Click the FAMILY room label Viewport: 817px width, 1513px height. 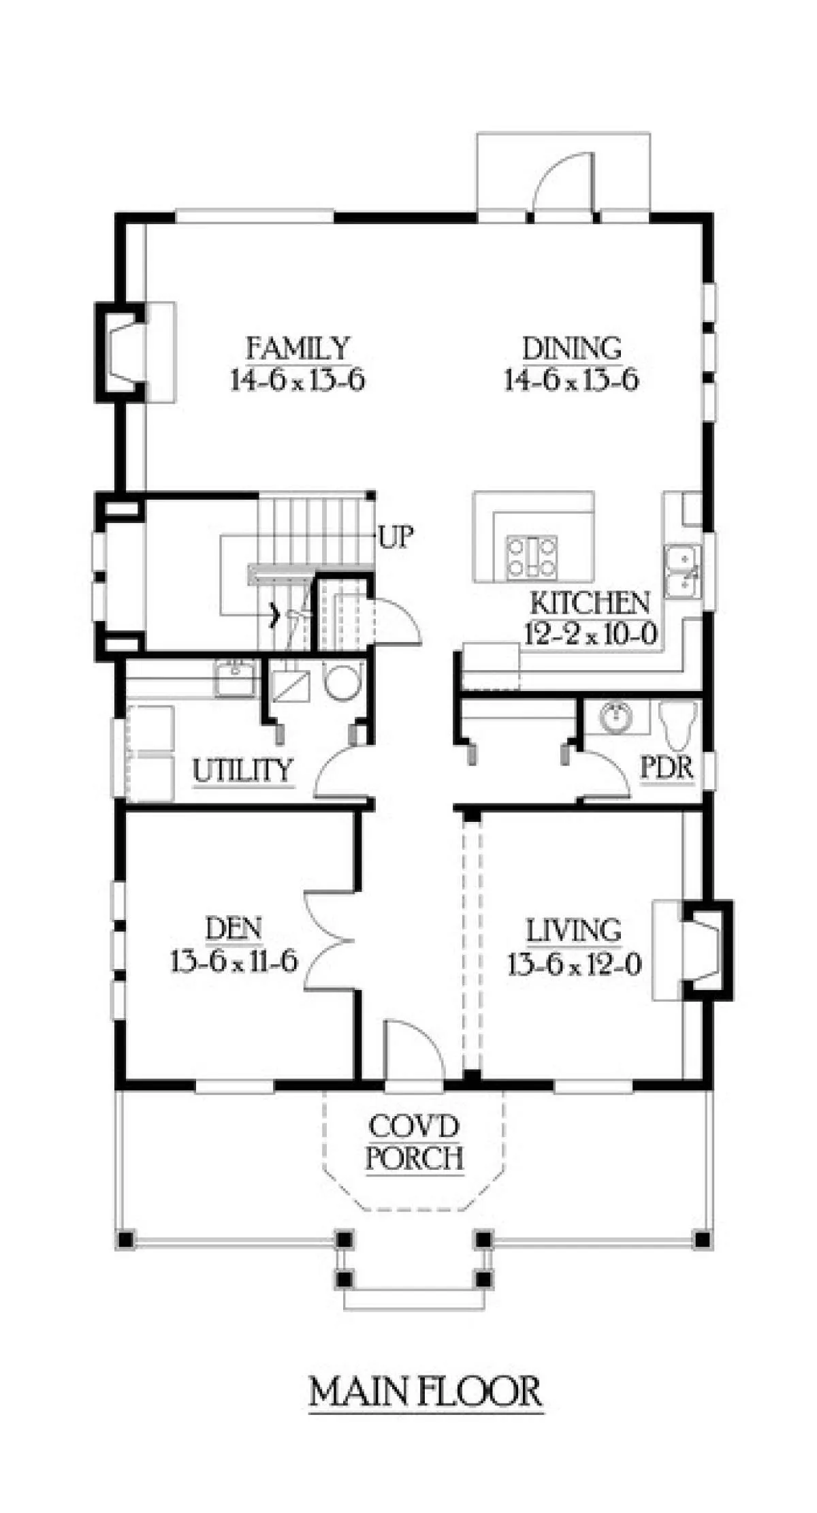298,349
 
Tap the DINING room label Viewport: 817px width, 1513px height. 572,349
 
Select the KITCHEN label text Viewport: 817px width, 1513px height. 590,603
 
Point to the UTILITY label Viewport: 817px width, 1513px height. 243,771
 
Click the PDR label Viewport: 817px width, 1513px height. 667,769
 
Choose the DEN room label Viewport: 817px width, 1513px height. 234,928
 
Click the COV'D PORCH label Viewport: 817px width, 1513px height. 415,1142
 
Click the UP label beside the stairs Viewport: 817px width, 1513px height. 396,537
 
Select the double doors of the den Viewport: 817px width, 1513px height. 330,942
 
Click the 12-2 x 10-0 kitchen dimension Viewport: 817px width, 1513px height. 590,635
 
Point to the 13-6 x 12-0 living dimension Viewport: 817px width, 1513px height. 574,964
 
